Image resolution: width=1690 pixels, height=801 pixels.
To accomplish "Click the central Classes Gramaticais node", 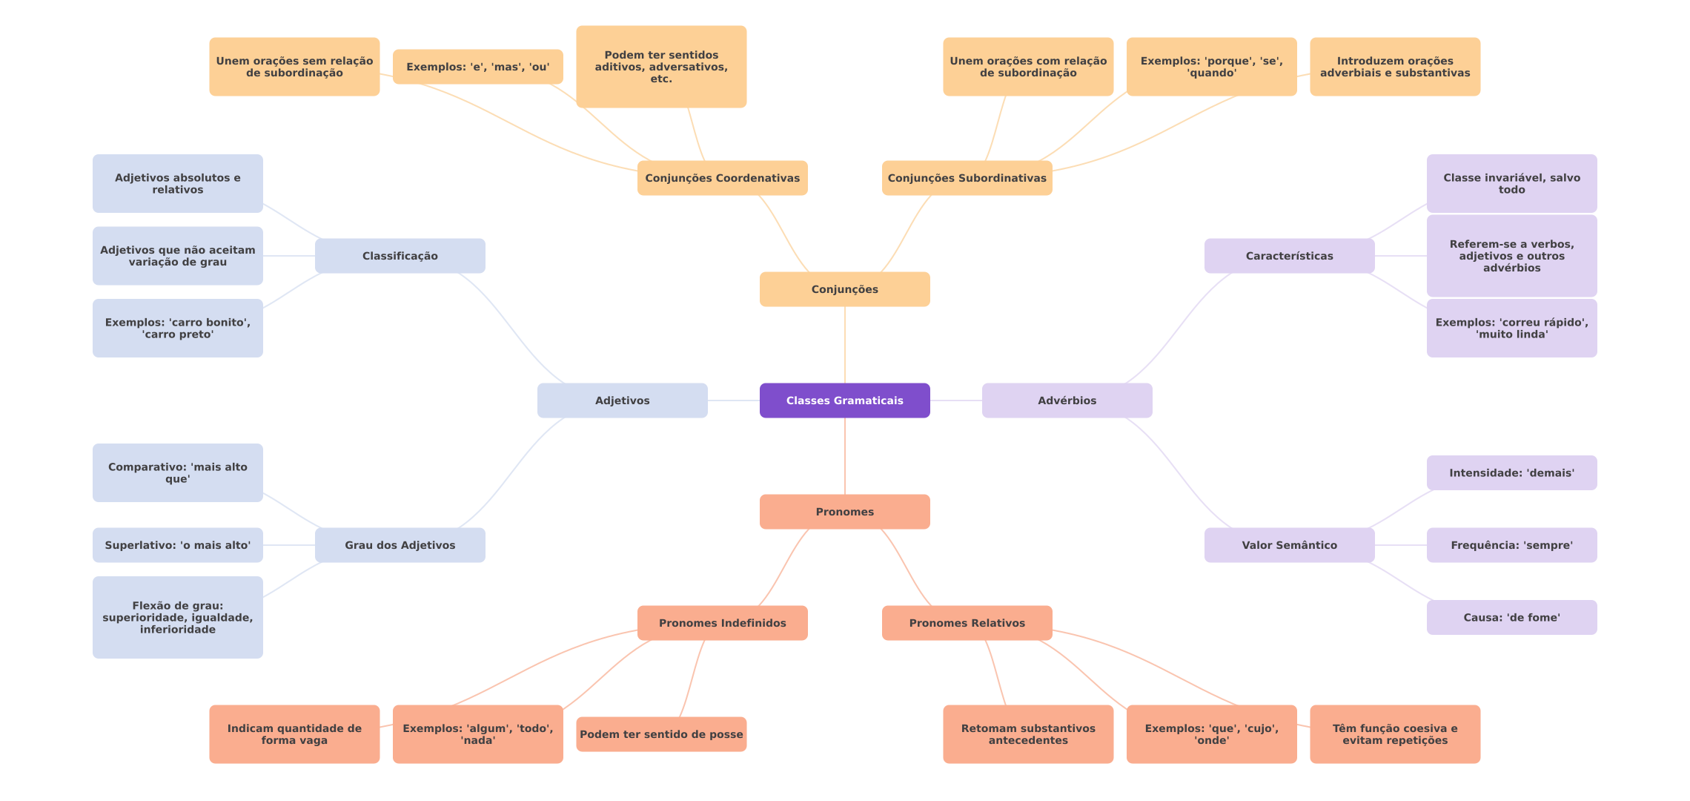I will click(844, 400).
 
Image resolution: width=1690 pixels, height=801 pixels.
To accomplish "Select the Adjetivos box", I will click(622, 400).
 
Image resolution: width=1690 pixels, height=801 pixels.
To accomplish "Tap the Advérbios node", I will click(1067, 400).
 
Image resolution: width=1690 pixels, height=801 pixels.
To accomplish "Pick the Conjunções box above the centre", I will click(844, 289).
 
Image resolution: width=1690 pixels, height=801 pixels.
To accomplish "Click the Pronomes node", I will click(844, 512).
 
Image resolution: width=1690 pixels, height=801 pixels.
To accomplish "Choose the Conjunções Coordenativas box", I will click(722, 178).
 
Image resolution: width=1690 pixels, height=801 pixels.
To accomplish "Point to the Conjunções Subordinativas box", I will click(967, 178).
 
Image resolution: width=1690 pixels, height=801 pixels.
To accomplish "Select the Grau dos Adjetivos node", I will click(400, 545).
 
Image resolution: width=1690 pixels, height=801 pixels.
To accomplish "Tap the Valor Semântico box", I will click(1289, 545).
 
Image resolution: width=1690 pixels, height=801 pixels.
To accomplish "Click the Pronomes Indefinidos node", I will click(722, 623).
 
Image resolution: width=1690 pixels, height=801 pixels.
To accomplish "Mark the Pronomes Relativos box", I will click(967, 623).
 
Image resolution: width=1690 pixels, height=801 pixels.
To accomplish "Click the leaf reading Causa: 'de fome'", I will click(1511, 617).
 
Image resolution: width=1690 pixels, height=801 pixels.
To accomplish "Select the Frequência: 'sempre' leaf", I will click(1511, 545).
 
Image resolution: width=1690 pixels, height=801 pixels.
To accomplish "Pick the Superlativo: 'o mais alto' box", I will click(177, 545).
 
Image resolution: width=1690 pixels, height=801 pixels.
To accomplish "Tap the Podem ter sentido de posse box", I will click(661, 734).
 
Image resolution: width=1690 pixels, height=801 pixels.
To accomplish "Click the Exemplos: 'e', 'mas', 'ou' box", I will click(477, 67).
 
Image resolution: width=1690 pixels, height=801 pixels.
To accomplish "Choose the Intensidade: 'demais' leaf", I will click(1511, 472).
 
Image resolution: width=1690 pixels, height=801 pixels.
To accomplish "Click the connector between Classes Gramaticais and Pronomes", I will click(845, 456).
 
